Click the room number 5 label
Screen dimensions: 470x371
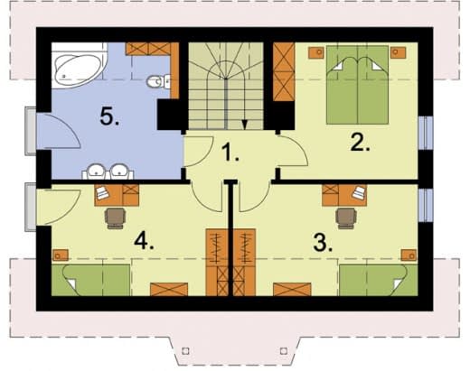(x=109, y=116)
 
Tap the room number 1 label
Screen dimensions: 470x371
(x=230, y=152)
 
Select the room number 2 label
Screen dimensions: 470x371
(x=360, y=142)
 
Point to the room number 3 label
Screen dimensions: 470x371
(x=323, y=242)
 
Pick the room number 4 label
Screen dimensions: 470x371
(x=144, y=241)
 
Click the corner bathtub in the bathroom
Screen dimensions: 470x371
(x=80, y=65)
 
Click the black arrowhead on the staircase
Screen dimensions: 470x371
(x=245, y=125)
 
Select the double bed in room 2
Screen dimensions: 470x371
(x=357, y=85)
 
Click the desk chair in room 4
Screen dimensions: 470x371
(x=115, y=218)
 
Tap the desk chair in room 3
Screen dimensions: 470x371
(x=346, y=218)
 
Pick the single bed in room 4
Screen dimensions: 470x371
(x=91, y=280)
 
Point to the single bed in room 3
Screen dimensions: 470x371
(x=379, y=280)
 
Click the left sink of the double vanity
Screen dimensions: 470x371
(x=97, y=171)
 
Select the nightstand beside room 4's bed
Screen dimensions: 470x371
(x=61, y=255)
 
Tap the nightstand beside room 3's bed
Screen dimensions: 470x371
(x=409, y=255)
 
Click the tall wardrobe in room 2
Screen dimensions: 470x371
(x=284, y=71)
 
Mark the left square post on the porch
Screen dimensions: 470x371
(x=186, y=351)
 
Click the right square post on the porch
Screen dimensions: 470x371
(x=284, y=351)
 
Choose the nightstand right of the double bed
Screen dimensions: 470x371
(x=398, y=52)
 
